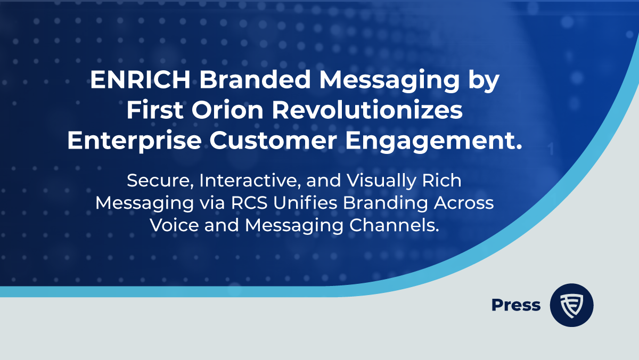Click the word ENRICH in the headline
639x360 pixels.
point(141,79)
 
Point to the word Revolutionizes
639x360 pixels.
point(367,110)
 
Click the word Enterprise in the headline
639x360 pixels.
point(135,141)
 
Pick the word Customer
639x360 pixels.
point(273,141)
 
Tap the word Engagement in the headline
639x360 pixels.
point(430,141)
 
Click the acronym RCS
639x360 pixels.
point(249,203)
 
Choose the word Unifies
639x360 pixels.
point(305,203)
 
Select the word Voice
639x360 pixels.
point(174,225)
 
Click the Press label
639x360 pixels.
point(516,305)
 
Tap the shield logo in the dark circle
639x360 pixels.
point(571,306)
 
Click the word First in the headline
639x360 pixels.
point(154,110)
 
